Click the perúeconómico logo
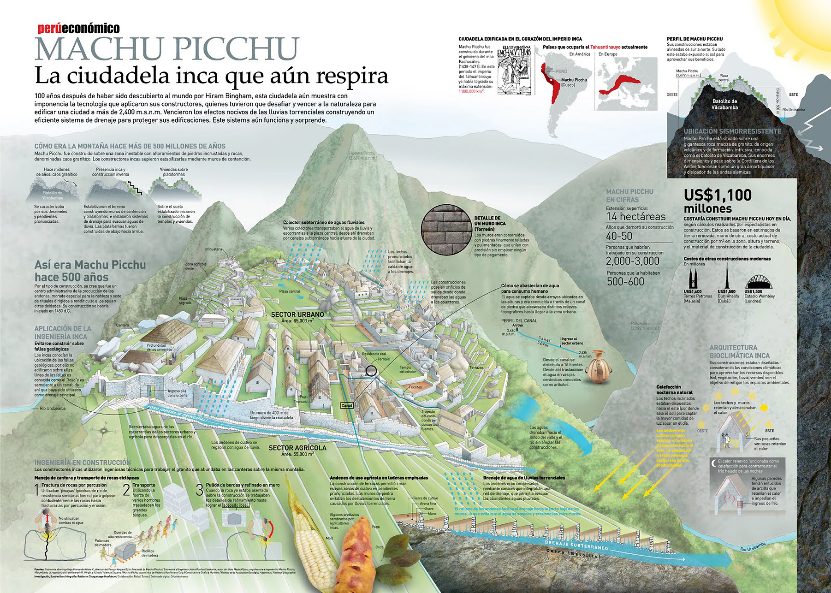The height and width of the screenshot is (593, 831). click(78, 29)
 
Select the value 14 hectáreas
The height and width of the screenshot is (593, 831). click(635, 217)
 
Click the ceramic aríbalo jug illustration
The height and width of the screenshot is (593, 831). click(599, 367)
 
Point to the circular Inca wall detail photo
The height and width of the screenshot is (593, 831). click(446, 230)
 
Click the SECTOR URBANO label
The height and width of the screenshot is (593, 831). click(297, 314)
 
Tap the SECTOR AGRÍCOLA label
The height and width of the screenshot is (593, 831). click(297, 448)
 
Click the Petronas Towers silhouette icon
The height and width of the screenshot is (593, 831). click(693, 279)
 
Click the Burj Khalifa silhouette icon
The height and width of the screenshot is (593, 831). click(727, 277)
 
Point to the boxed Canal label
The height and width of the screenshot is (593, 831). click(346, 406)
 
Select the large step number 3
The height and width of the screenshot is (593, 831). click(199, 490)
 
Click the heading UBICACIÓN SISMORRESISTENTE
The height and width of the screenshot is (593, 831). click(732, 131)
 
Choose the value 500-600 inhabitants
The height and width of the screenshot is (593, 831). click(625, 282)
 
